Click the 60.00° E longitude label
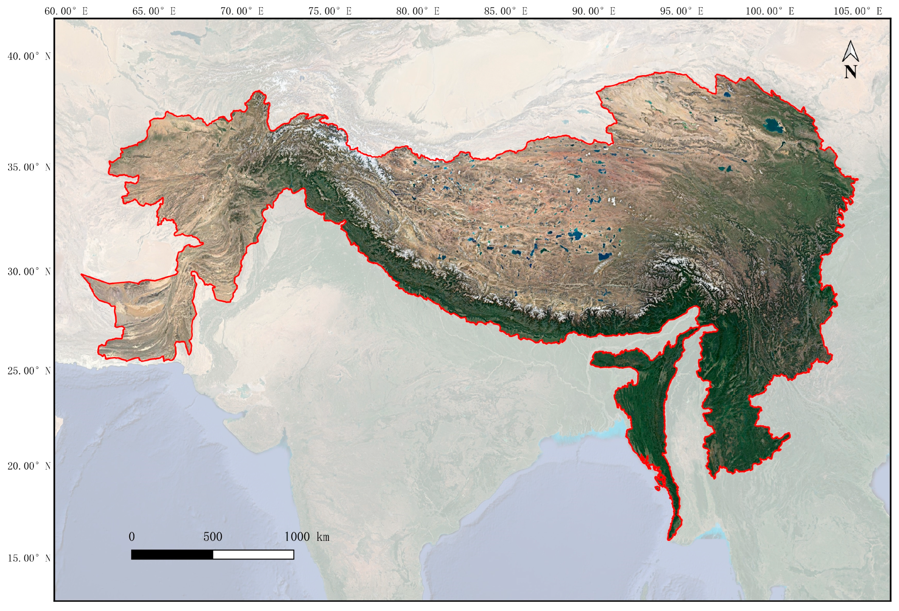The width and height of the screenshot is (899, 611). pos(66,11)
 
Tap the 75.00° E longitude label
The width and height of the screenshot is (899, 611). pos(330,11)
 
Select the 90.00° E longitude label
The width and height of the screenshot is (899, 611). pos(594,11)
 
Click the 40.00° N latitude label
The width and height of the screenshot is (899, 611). pos(29,56)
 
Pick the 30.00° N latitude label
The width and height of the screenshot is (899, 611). pos(29,272)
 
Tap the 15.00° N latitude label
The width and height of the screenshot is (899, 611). pos(29,558)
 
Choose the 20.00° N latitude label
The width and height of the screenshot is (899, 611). pos(29,466)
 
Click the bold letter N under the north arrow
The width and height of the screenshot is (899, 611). pos(850,72)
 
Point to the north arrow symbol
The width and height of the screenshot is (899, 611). pos(850,52)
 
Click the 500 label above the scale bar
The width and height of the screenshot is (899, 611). pos(213,537)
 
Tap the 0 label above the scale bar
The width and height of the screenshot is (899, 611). pos(132,537)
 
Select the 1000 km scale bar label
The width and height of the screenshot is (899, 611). pos(307,537)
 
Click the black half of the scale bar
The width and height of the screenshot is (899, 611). pos(172,555)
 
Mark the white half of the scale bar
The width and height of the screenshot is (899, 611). pos(253,555)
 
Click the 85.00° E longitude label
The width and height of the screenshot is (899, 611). pos(506,11)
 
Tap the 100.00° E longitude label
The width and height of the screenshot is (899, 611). pos(770,11)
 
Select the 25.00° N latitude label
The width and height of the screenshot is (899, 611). pos(29,371)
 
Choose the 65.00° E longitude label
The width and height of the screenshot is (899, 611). pos(154,11)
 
